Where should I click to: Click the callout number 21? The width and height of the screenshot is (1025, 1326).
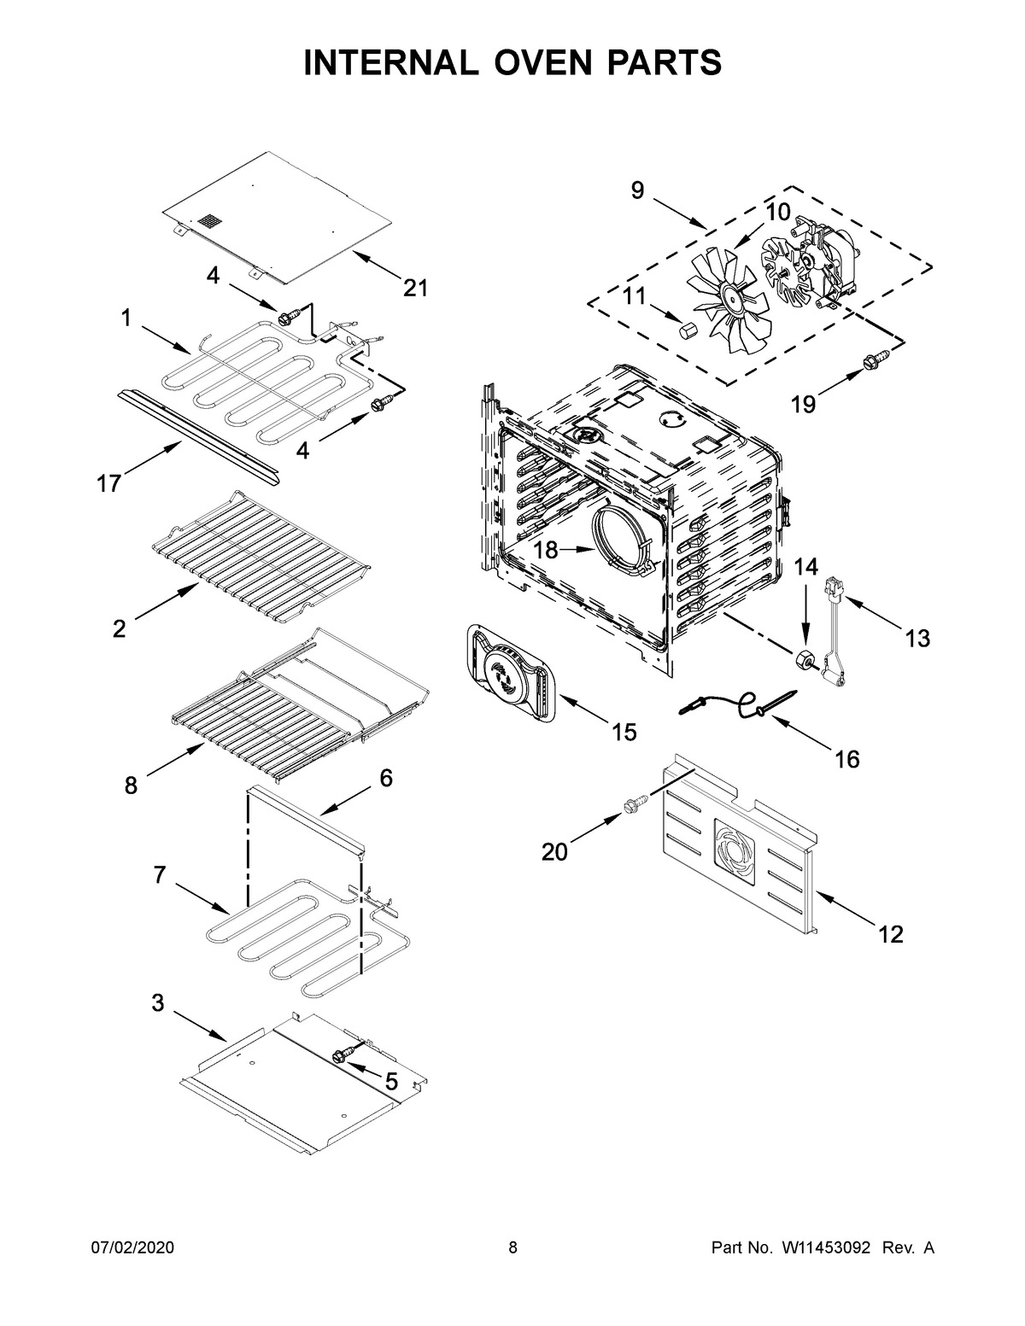415,289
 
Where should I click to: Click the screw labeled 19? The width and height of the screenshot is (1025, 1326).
872,362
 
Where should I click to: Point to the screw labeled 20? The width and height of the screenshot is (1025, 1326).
635,804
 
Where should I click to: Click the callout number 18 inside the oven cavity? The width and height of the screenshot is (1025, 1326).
546,551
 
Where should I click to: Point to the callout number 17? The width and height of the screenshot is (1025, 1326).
108,483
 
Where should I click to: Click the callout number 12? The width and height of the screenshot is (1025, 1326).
890,935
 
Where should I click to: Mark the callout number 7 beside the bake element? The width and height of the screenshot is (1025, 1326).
160,875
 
